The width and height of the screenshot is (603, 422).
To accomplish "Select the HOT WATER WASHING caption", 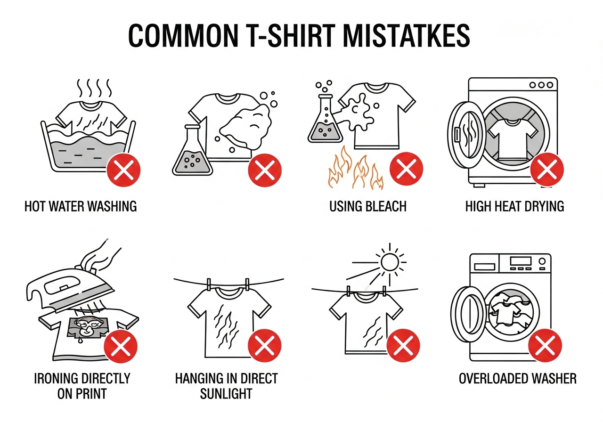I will tap(81, 206).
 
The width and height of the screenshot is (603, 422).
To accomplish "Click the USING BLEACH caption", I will tap(368, 206).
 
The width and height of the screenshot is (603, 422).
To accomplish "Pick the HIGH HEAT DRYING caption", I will tap(514, 206).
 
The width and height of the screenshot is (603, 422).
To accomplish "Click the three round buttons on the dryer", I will tap(541, 85).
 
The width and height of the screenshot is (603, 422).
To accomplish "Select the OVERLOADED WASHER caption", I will tap(518, 378).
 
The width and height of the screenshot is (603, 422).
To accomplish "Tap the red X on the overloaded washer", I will tap(545, 346).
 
